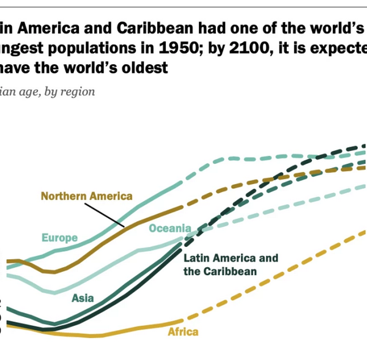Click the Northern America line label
86,196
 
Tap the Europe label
59,237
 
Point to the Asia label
83,298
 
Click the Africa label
183,332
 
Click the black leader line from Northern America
105,213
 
